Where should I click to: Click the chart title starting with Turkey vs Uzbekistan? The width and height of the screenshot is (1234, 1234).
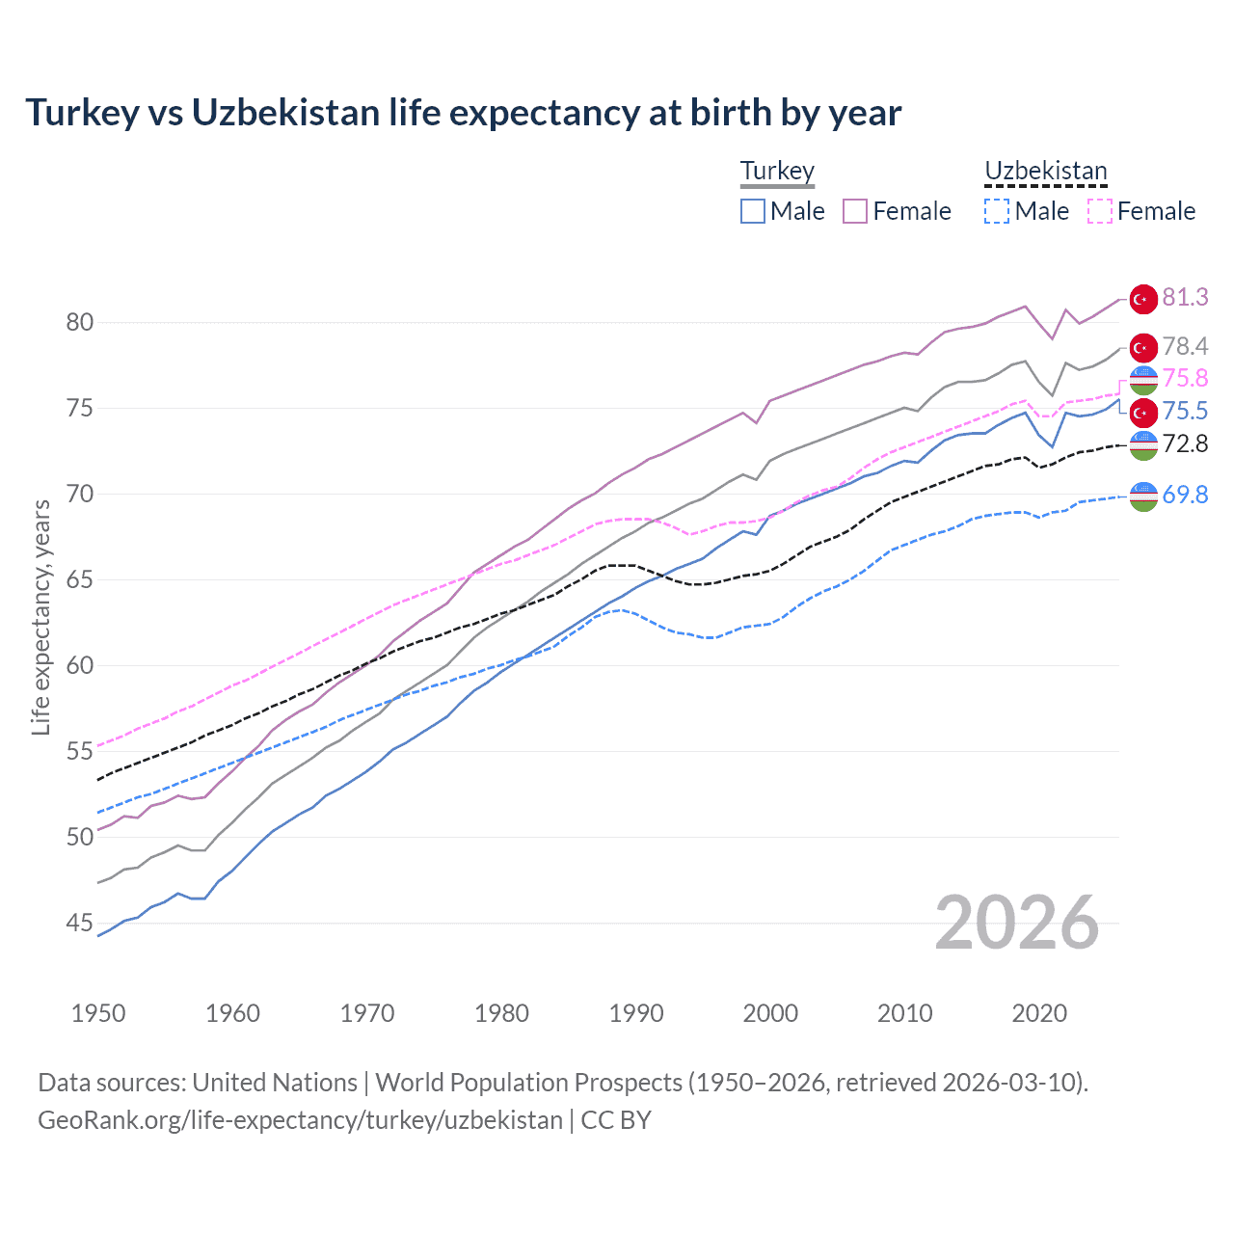coord(463,113)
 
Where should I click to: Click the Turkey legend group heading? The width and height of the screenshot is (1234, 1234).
coord(777,172)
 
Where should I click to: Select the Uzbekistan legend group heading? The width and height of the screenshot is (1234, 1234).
coord(1045,172)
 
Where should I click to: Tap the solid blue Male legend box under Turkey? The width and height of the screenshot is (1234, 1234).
coord(753,211)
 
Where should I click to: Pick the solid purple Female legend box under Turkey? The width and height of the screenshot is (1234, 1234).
coord(855,211)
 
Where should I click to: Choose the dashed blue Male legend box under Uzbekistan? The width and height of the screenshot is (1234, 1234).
coord(997,211)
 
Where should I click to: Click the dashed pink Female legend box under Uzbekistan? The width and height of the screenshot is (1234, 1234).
coord(1100,211)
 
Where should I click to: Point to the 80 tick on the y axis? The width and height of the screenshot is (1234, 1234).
coord(80,322)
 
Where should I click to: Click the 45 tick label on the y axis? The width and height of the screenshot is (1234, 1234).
coord(80,924)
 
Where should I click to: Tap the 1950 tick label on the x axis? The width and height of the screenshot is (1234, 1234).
coord(98,1013)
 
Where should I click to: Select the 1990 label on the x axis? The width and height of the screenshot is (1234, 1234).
coord(636,1013)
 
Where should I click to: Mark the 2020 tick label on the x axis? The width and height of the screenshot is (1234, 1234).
coord(1039,1013)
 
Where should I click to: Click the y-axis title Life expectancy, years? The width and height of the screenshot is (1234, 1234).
coord(40,617)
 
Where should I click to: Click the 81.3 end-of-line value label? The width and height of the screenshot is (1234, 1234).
coord(1185,297)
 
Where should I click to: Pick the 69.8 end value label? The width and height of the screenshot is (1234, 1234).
coord(1185,496)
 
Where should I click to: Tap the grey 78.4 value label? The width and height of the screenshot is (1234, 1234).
coord(1185,346)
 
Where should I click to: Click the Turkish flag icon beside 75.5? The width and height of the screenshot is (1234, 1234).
coord(1143,413)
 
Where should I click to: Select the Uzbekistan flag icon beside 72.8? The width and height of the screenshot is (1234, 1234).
coord(1143,444)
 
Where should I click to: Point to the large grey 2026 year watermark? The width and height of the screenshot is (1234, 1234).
coord(1016,923)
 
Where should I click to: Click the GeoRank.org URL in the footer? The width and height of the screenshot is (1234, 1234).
coord(300,1120)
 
